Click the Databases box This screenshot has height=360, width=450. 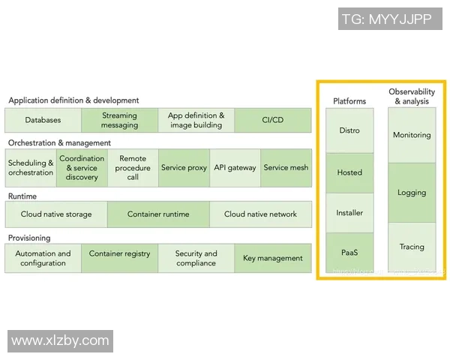[x=43, y=120]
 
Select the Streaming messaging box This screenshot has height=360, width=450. [x=120, y=120]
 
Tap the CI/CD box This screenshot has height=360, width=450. [x=272, y=120]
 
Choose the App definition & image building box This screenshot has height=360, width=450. [x=196, y=120]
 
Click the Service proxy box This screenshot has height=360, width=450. [x=184, y=168]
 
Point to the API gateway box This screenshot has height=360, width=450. [x=235, y=168]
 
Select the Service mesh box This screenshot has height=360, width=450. [x=286, y=168]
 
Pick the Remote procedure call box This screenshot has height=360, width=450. [x=133, y=168]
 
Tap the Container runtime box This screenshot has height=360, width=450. [x=158, y=214]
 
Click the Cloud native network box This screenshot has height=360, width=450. [x=260, y=214]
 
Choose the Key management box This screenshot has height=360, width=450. [x=273, y=258]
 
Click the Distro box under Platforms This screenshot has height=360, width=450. [x=349, y=130]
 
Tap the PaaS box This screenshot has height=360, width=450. [x=349, y=253]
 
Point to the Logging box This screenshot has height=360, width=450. [x=412, y=193]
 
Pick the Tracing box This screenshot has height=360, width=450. [x=412, y=247]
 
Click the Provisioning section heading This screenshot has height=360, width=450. [x=29, y=238]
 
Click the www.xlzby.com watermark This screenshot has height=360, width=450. [x=60, y=340]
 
